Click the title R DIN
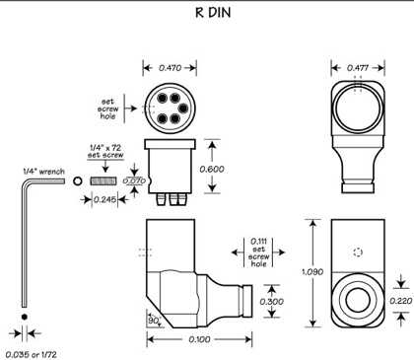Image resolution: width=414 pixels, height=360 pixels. [x=213, y=13]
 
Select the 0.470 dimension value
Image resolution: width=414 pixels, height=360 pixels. [x=170, y=68]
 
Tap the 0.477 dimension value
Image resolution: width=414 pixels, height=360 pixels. [x=358, y=68]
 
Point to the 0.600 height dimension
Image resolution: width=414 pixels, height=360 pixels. [x=212, y=169]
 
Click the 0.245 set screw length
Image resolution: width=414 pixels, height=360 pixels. [x=104, y=199]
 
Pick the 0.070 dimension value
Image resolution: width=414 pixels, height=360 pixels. [x=134, y=180]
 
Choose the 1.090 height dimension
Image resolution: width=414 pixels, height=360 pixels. [x=312, y=272]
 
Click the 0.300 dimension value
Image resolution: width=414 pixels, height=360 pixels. [x=272, y=302]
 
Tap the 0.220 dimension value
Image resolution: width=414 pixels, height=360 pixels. [x=400, y=301]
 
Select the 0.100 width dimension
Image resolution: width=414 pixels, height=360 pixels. [x=199, y=339]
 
